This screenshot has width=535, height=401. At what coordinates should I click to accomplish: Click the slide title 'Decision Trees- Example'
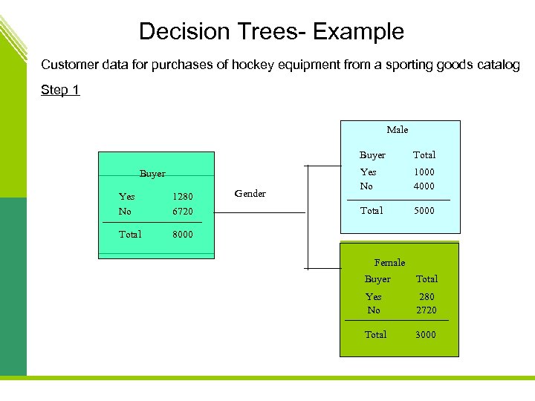pyautogui.click(x=271, y=31)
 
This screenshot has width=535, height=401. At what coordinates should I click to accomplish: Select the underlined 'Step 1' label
pyautogui.click(x=60, y=90)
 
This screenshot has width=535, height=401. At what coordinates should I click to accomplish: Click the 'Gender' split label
pyautogui.click(x=250, y=193)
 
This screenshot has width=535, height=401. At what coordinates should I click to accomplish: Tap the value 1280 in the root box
pyautogui.click(x=182, y=197)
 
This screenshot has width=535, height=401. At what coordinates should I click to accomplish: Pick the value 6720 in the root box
pyautogui.click(x=182, y=212)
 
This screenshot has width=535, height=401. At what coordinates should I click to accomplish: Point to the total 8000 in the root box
pyautogui.click(x=182, y=234)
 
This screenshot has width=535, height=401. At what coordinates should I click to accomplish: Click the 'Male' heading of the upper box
pyautogui.click(x=397, y=130)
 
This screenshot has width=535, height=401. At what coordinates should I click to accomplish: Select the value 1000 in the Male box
pyautogui.click(x=424, y=172)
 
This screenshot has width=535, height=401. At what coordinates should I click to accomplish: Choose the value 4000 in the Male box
pyautogui.click(x=424, y=186)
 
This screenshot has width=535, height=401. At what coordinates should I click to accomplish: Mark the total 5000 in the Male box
pyautogui.click(x=424, y=210)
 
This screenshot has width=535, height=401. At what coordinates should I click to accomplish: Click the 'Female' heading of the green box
pyautogui.click(x=389, y=262)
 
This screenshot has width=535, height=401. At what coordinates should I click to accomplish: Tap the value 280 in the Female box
pyautogui.click(x=427, y=296)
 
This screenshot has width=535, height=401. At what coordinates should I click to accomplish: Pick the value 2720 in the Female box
pyautogui.click(x=427, y=310)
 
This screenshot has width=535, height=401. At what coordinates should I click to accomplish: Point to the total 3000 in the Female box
pyautogui.click(x=426, y=334)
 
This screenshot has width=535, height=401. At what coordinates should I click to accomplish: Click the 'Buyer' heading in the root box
pyautogui.click(x=152, y=174)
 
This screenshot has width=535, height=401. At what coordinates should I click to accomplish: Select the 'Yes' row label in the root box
pyautogui.click(x=126, y=197)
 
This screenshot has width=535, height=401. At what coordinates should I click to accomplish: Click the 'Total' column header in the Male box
pyautogui.click(x=424, y=154)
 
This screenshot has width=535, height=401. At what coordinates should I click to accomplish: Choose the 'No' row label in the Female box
pyautogui.click(x=373, y=310)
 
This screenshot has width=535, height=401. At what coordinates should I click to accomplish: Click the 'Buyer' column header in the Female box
pyautogui.click(x=377, y=279)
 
